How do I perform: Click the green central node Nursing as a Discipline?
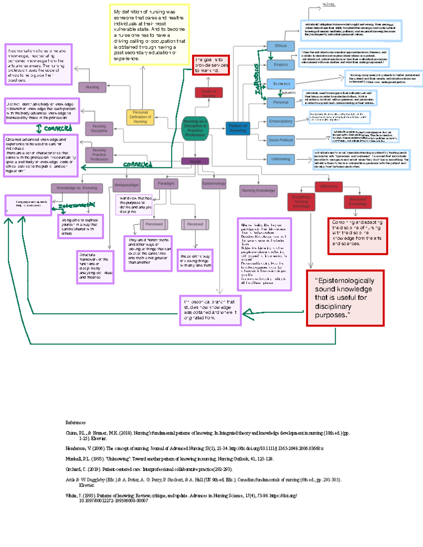coord(195,128)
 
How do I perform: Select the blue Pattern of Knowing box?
coord(238,128)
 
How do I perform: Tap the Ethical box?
coord(281,46)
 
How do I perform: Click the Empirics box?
coord(281,65)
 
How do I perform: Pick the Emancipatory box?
coord(281,121)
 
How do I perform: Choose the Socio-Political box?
coord(281,140)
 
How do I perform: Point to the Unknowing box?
coord(281,159)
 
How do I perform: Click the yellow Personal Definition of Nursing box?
coord(140,117)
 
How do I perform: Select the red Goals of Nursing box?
coord(209,93)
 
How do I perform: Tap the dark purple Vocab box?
coord(195,161)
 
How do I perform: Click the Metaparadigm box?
coord(126,185)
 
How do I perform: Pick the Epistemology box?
coord(214,184)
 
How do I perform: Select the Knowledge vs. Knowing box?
coord(77,188)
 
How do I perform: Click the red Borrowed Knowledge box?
coord(358,201)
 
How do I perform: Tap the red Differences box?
coord(329,186)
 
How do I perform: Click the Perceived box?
coord(154,224)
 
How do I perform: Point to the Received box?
coord(195,224)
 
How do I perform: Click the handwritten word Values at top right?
coord(329,5)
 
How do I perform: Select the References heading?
coord(75,423)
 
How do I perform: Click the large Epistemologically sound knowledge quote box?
coord(345,298)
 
